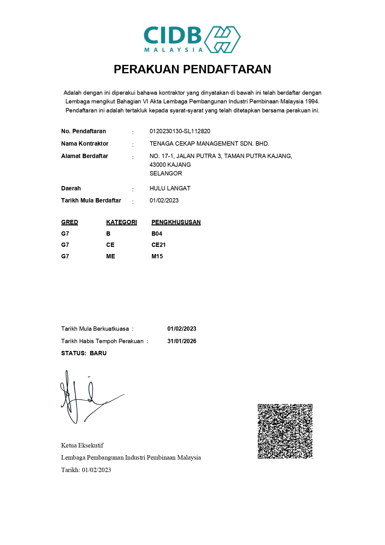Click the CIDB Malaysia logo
[192, 39]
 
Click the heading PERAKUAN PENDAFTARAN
[192, 69]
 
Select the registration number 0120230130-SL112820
[180, 131]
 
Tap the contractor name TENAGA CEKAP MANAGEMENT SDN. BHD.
[209, 144]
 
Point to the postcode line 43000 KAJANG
[170, 165]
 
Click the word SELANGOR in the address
[166, 174]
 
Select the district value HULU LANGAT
[170, 188]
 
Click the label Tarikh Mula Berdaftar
[91, 201]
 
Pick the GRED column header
[70, 222]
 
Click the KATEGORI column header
[121, 222]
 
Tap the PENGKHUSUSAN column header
[176, 222]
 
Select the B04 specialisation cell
[157, 234]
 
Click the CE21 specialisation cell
[158, 245]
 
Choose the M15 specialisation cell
[157, 257]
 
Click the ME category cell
[111, 257]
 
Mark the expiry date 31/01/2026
[182, 341]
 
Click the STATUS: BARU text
[84, 353]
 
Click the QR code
[285, 431]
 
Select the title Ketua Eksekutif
[82, 446]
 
